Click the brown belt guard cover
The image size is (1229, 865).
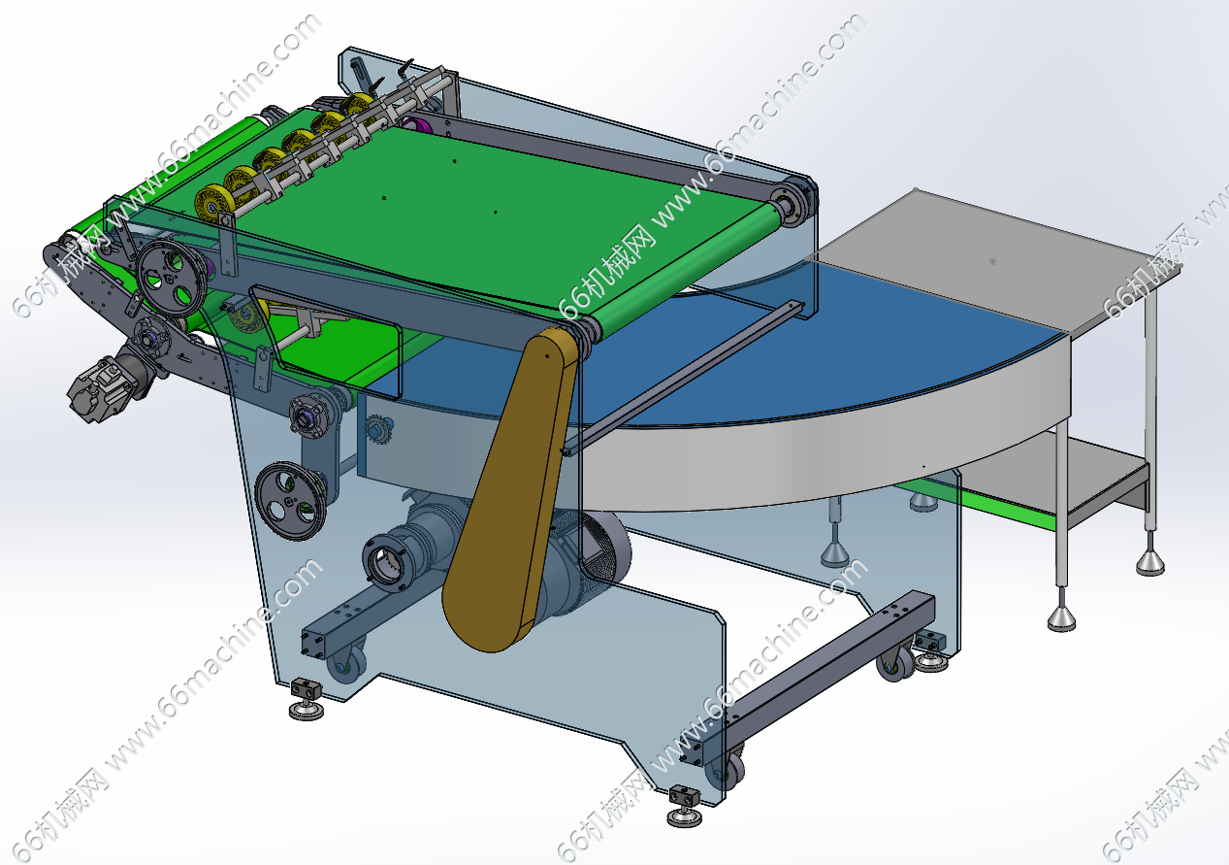(x=510, y=488)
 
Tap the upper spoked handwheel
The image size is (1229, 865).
(x=171, y=278)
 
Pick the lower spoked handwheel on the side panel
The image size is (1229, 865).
(x=290, y=500)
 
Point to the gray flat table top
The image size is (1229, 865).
(x=993, y=258)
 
